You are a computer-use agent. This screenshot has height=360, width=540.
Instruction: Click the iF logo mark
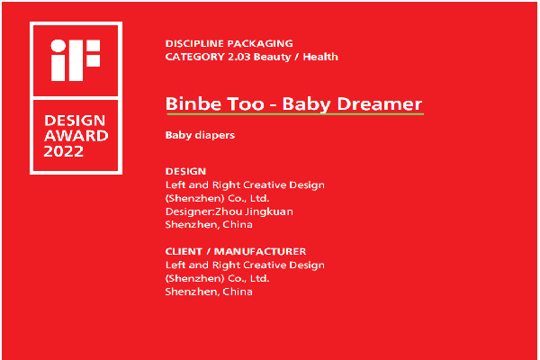(76, 60)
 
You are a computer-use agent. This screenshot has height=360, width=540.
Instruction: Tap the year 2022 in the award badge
(64, 151)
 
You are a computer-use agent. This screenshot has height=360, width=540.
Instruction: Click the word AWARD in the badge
(76, 136)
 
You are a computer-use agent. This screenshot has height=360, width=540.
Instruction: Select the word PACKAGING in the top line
(260, 44)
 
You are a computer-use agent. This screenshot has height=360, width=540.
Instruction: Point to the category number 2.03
(239, 57)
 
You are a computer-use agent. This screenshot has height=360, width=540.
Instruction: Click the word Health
(320, 57)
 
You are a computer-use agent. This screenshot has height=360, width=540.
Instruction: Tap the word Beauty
(272, 57)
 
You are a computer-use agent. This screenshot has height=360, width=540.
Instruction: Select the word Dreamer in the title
(380, 103)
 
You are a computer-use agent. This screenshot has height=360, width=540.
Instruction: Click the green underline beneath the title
(295, 113)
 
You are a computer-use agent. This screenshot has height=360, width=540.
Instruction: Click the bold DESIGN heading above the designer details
(185, 171)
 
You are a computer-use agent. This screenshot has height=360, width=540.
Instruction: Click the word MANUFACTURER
(260, 251)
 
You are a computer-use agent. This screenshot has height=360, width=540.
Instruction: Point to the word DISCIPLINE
(194, 44)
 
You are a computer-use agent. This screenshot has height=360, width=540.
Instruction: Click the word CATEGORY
(195, 57)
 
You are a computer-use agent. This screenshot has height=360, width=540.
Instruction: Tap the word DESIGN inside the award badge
(75, 121)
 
